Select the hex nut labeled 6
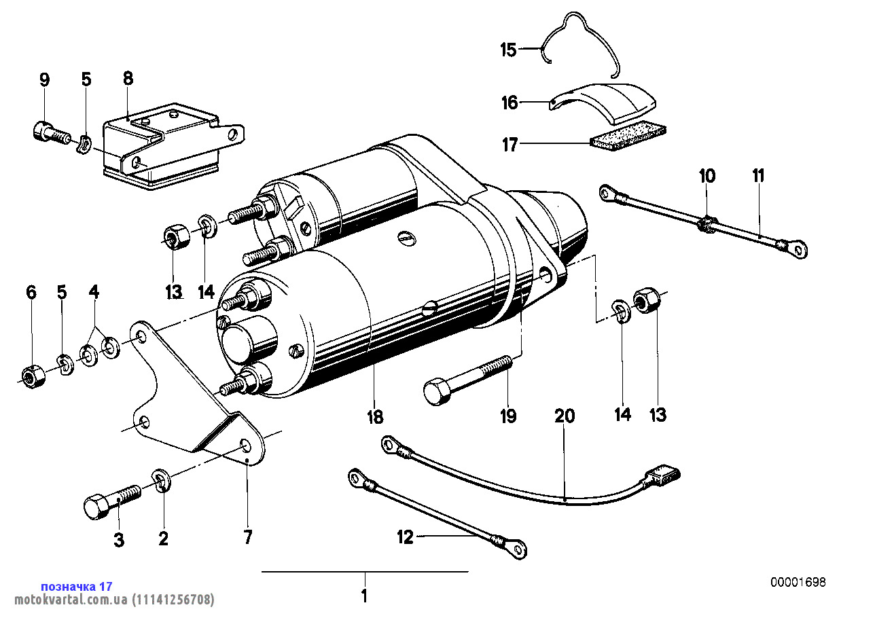pos(31,376)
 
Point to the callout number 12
pos(405,538)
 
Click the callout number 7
pos(248,538)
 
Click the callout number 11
pos(758,176)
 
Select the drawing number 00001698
pos(798,583)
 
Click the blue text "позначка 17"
pos(77,586)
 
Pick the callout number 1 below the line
pos(364,598)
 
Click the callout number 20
pos(565,416)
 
